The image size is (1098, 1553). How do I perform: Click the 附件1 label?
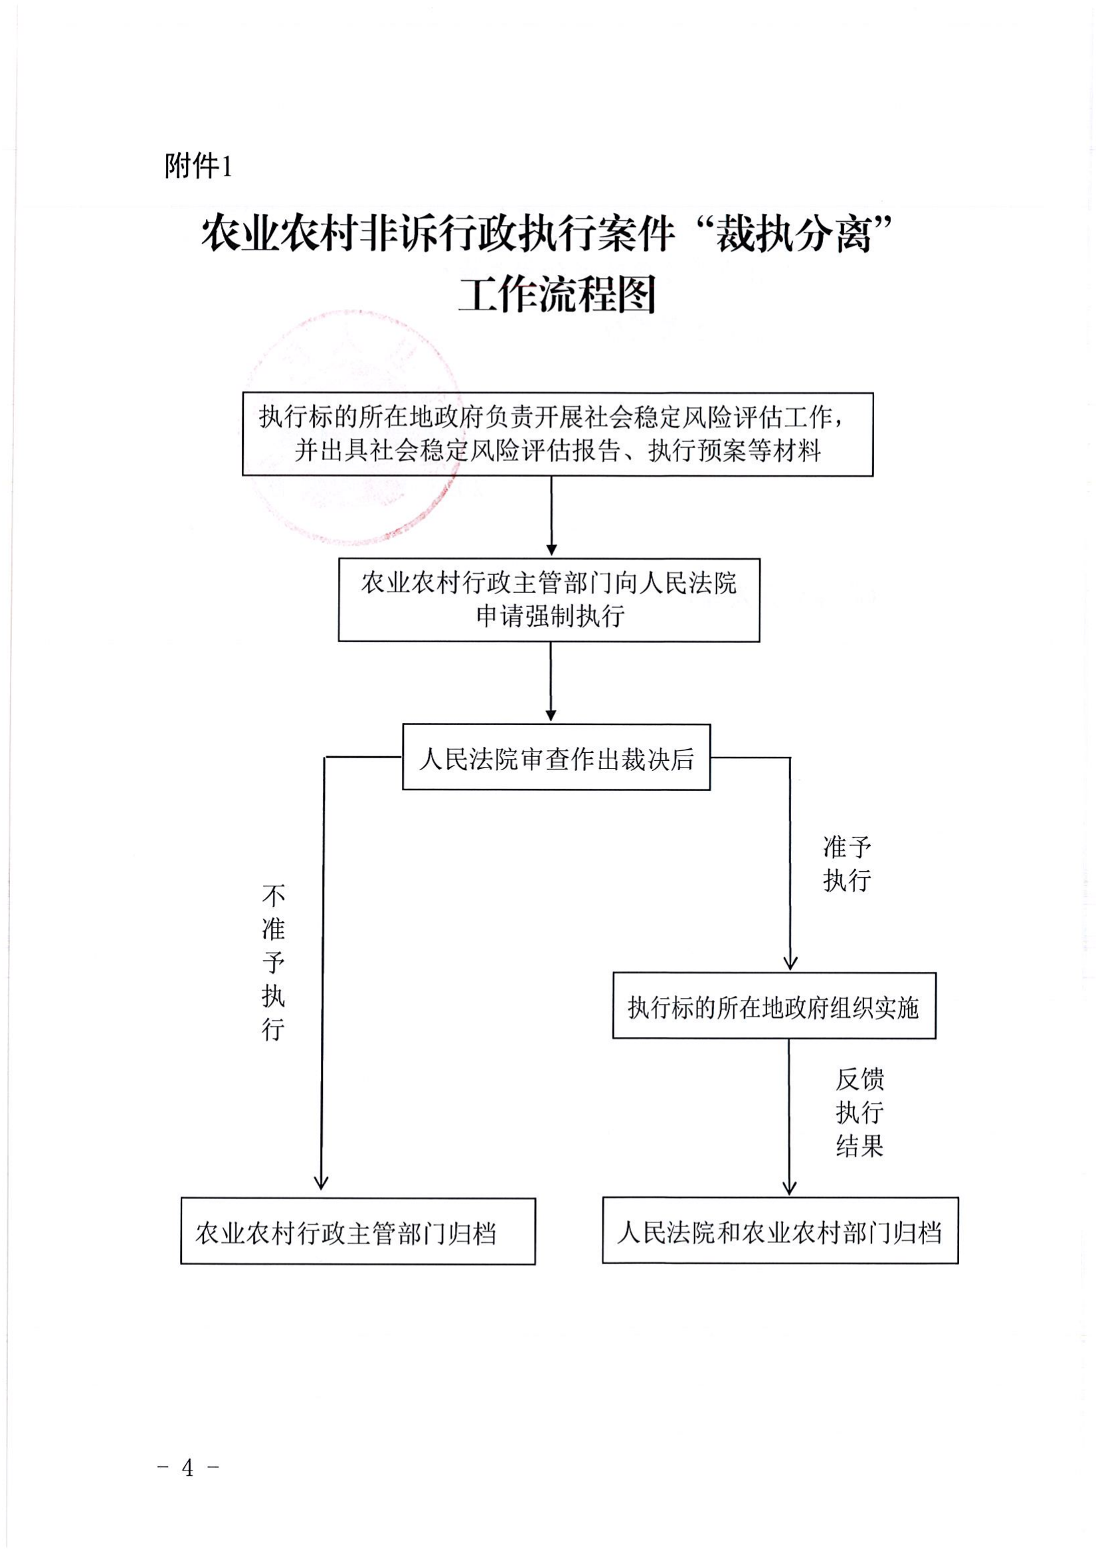pos(198,166)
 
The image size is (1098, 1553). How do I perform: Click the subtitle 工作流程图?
pos(557,296)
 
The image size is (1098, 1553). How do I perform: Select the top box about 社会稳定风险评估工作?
pos(557,434)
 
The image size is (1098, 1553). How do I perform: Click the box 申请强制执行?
pos(549,600)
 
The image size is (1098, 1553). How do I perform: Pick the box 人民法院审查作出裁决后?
pos(556,757)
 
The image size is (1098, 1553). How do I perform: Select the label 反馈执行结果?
pos(859,1113)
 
